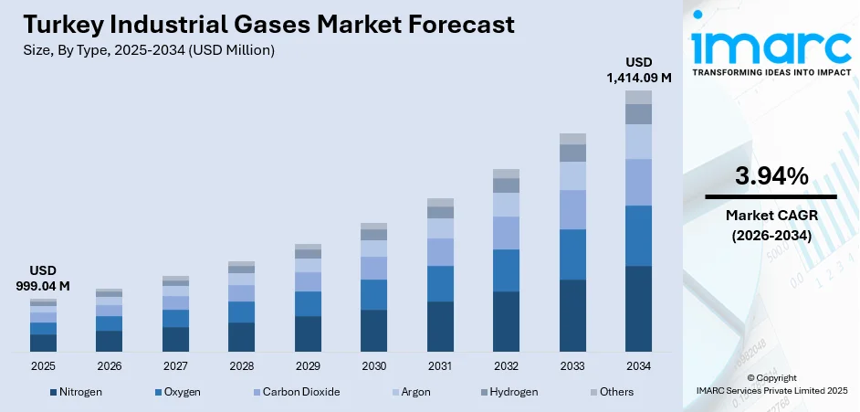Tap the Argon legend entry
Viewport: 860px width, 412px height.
417,392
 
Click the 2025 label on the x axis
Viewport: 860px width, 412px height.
43,365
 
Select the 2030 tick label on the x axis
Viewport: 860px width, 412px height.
373,365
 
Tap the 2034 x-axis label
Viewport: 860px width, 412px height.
638,365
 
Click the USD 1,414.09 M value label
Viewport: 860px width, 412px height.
638,70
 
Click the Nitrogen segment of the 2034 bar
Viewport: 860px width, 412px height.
638,309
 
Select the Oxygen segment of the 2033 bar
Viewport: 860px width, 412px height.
572,254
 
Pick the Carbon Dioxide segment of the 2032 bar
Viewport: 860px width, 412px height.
506,233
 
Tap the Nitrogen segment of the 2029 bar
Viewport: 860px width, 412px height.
308,333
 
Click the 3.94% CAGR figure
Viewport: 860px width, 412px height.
771,176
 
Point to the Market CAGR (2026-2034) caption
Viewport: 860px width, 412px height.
771,225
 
